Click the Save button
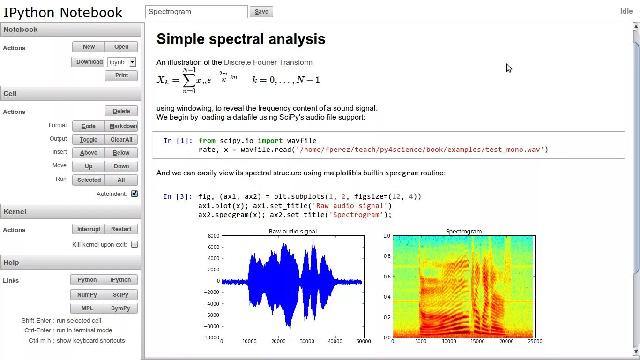261,12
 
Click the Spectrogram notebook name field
196,12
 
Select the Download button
88,62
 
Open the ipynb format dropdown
121,62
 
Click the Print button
121,75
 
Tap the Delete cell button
121,111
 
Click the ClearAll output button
121,140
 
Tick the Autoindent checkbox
134,194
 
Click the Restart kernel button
121,229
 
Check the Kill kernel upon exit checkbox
134,244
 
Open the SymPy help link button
121,308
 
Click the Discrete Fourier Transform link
268,62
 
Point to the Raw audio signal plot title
292,231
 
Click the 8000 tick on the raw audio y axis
214,236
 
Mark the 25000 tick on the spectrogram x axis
535,342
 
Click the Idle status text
626,11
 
